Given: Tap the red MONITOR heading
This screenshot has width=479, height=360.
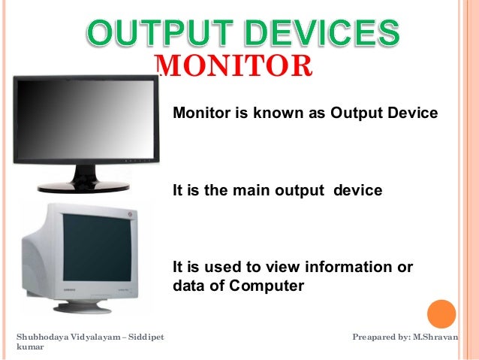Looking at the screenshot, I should (x=236, y=65).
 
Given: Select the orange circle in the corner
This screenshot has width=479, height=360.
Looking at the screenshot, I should (x=441, y=314).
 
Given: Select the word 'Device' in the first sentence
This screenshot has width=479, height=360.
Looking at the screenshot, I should (x=412, y=113).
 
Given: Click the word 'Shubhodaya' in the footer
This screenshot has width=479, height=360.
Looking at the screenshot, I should (x=44, y=336).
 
